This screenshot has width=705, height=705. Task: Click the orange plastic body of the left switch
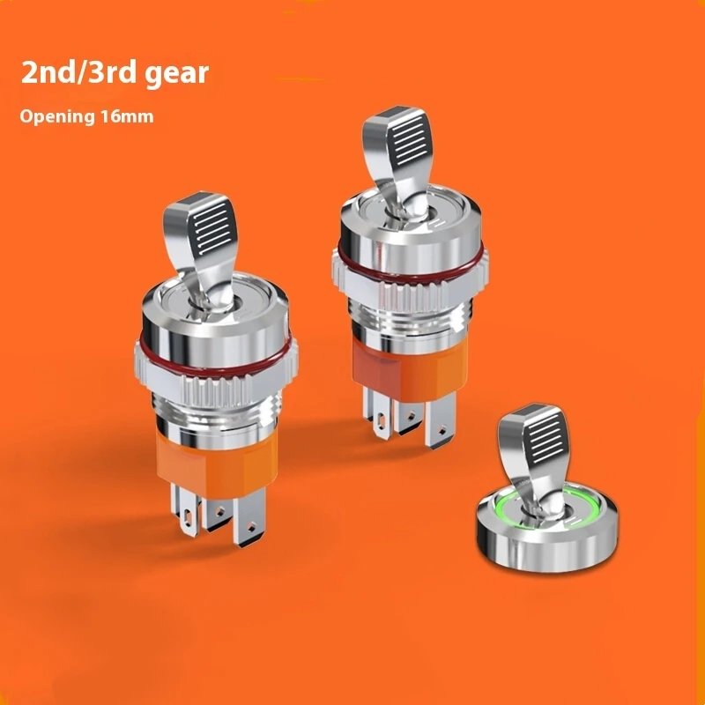216,461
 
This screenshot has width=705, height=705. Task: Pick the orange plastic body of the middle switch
409,369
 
